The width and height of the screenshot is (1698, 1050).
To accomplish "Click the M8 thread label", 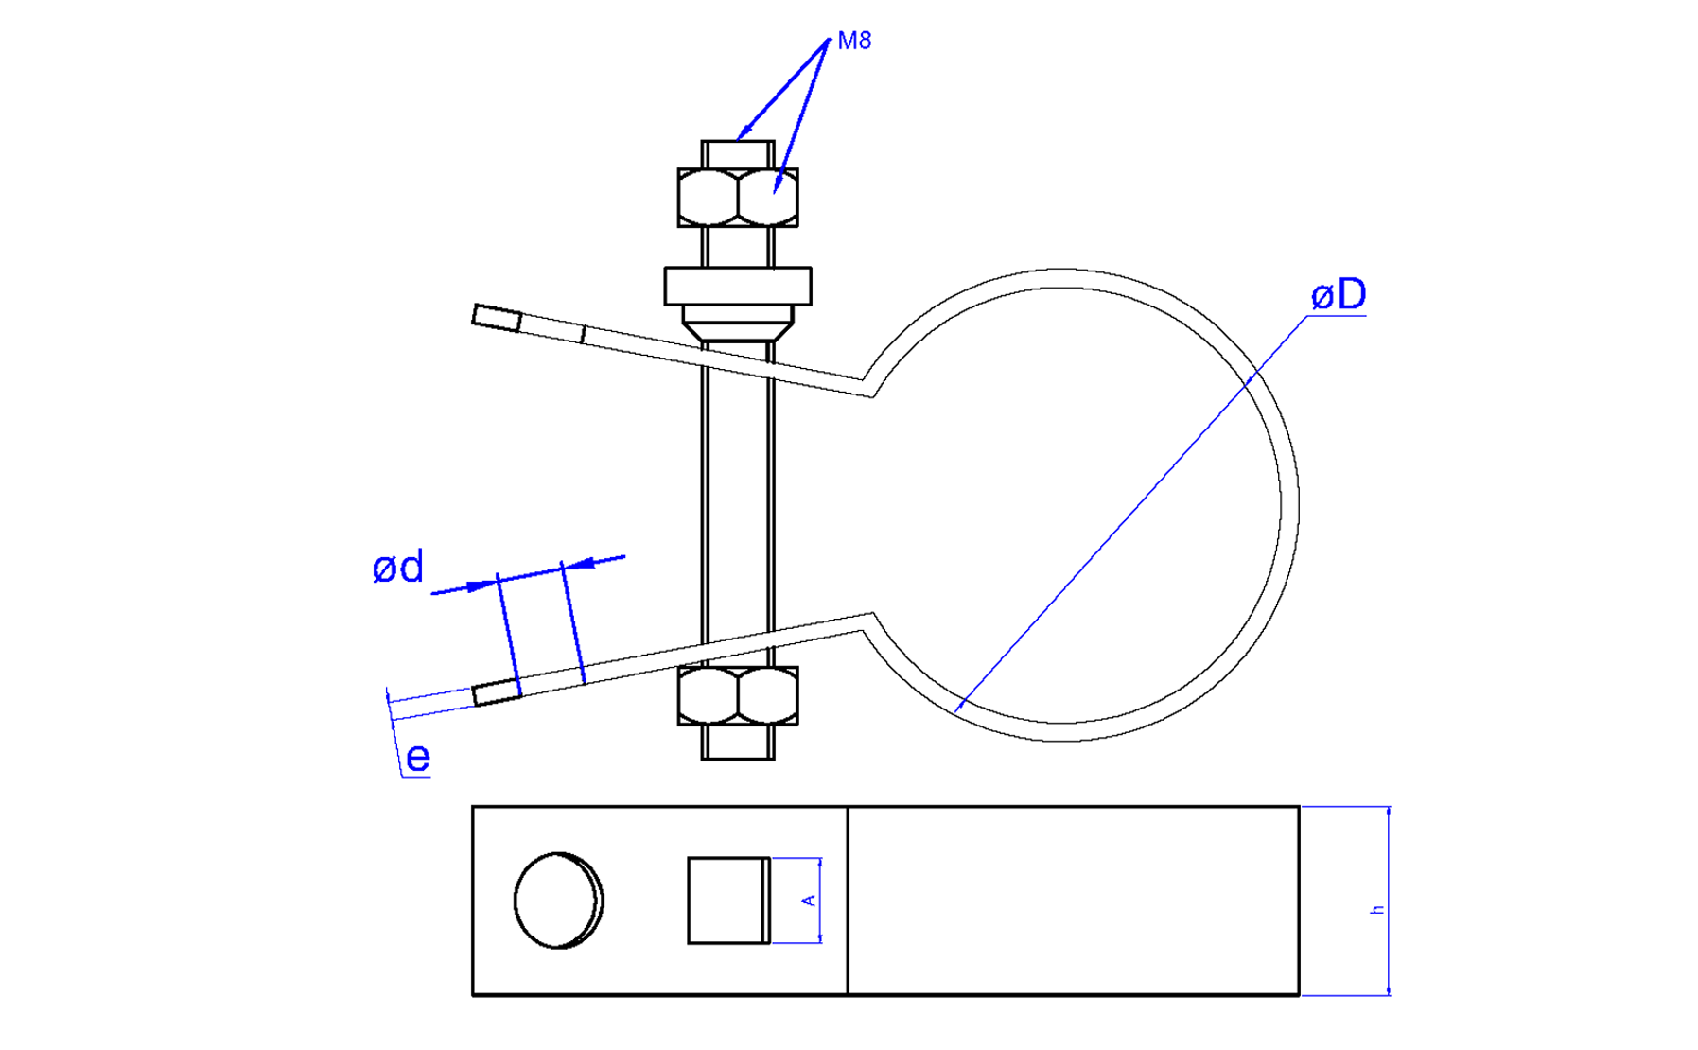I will (x=853, y=41).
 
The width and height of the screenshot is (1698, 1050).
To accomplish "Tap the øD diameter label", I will (x=1338, y=295).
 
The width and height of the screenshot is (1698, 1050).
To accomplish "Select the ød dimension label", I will (x=397, y=568).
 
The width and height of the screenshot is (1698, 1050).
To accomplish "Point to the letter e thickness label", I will (x=417, y=758).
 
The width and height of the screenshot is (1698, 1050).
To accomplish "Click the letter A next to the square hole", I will (x=809, y=901).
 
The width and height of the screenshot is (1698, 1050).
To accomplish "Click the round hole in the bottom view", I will (x=558, y=901).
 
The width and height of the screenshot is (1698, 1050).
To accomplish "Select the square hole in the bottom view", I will (x=726, y=901).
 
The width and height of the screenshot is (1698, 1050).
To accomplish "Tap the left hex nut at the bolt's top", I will (x=708, y=198).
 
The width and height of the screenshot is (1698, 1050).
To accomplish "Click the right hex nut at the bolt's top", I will (x=767, y=198).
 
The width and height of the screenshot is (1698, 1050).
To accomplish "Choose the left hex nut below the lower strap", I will (x=708, y=695).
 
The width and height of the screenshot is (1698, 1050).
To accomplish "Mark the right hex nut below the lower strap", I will (x=767, y=695).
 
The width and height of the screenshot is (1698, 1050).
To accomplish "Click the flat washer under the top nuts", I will (x=737, y=286).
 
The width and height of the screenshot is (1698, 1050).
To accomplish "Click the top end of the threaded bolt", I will (x=737, y=153).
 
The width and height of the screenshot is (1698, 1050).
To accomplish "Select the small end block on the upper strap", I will (x=497, y=318).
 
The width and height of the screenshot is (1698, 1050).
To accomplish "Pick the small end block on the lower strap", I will (x=497, y=693).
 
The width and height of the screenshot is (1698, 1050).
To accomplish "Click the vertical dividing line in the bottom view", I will (x=848, y=901).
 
